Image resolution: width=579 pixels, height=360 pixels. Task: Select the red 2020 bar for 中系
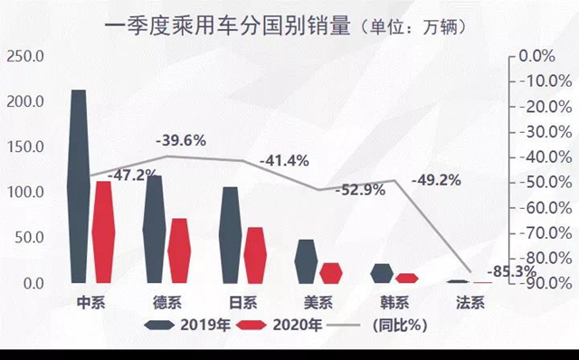(x=104, y=232)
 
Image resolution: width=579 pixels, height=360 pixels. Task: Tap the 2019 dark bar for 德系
(x=155, y=229)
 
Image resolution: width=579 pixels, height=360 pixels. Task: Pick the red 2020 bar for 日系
(x=256, y=255)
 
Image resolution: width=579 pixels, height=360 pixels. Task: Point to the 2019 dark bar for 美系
(x=307, y=261)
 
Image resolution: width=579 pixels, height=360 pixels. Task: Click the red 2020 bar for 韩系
(x=408, y=279)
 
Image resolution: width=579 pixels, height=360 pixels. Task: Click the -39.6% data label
(x=181, y=140)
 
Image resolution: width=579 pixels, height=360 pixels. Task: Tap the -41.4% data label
(x=284, y=161)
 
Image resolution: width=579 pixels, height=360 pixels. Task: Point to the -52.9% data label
(x=359, y=190)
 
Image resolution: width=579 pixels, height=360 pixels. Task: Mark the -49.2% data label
(x=436, y=179)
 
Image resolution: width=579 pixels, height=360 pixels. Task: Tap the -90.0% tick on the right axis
(x=546, y=283)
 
